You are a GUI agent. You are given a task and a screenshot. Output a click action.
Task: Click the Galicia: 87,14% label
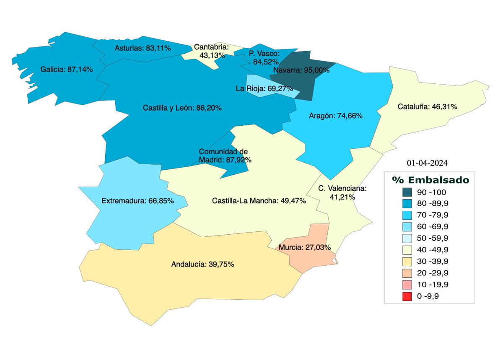tap(67, 69)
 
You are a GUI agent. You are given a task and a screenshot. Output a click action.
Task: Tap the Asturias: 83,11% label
tap(143, 48)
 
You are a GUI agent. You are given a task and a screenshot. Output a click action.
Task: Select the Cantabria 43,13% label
tap(211, 51)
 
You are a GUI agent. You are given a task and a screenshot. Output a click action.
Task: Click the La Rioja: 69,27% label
tap(264, 88)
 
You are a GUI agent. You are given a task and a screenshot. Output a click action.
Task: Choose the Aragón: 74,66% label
tap(335, 116)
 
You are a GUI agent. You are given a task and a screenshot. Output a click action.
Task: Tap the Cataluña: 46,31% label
tap(427, 107)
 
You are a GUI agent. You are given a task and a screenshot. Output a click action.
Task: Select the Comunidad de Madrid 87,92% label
tap(224, 155)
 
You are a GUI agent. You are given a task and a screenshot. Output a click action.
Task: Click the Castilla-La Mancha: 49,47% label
tap(259, 201)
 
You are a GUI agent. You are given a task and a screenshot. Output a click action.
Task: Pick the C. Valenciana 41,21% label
tap(342, 192)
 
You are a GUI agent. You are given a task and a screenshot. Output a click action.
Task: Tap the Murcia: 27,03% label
tap(306, 247)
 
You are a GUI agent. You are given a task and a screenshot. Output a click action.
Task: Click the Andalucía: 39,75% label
tap(202, 264)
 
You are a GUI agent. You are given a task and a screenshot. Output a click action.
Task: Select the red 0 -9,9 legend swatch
tap(407, 296)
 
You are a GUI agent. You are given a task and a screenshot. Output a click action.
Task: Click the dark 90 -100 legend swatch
tap(407, 192)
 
